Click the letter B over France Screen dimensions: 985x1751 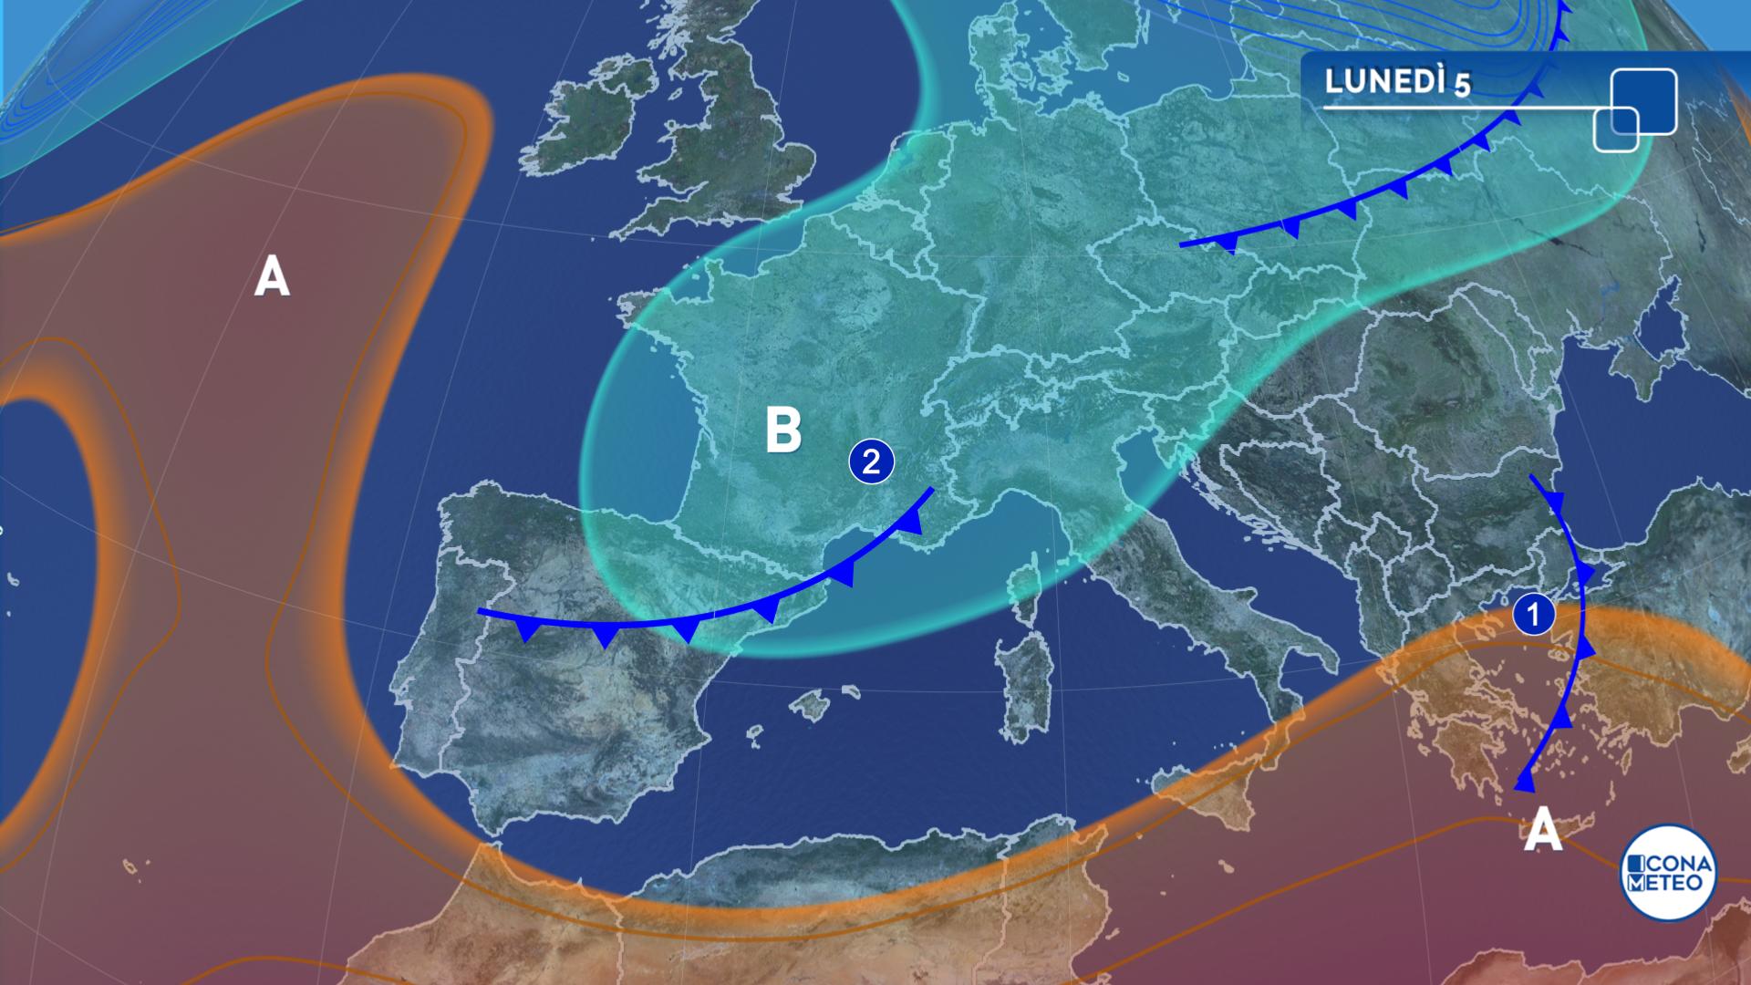[x=783, y=430]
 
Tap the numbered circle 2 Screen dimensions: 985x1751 [x=871, y=462]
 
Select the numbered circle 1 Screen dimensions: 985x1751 [x=1533, y=614]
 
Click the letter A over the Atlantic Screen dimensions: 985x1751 [x=272, y=276]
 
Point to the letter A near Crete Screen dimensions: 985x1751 [x=1542, y=830]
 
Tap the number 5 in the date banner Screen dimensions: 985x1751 [x=1462, y=85]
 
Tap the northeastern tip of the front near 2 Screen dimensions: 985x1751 [x=932, y=490]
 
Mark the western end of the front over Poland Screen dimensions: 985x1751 [x=1182, y=244]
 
